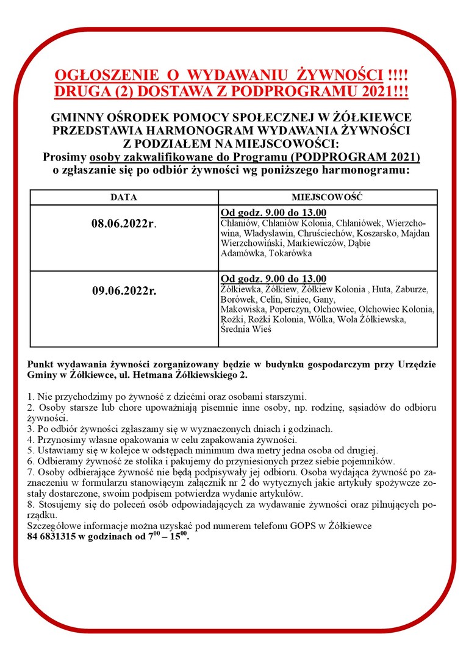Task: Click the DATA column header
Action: [124, 198]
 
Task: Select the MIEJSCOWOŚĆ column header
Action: [328, 198]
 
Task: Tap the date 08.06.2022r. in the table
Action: [124, 224]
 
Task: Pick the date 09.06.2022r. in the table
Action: [124, 290]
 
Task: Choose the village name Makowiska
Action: [243, 309]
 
